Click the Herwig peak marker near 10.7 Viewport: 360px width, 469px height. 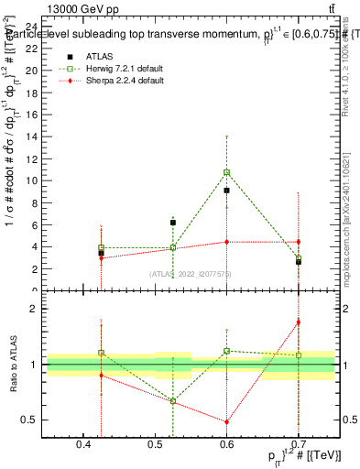226,172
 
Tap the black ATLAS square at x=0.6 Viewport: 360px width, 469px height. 226,191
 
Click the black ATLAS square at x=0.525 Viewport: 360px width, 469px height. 172,223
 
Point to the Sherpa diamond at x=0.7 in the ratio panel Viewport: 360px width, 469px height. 298,322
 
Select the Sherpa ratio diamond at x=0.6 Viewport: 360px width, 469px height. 226,422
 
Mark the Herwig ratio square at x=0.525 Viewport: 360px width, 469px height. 172,401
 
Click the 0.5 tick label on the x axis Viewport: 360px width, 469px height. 155,444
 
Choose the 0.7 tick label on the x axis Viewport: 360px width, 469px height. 298,444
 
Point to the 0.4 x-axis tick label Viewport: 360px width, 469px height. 83,444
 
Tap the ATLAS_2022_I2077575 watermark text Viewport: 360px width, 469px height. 191,274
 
